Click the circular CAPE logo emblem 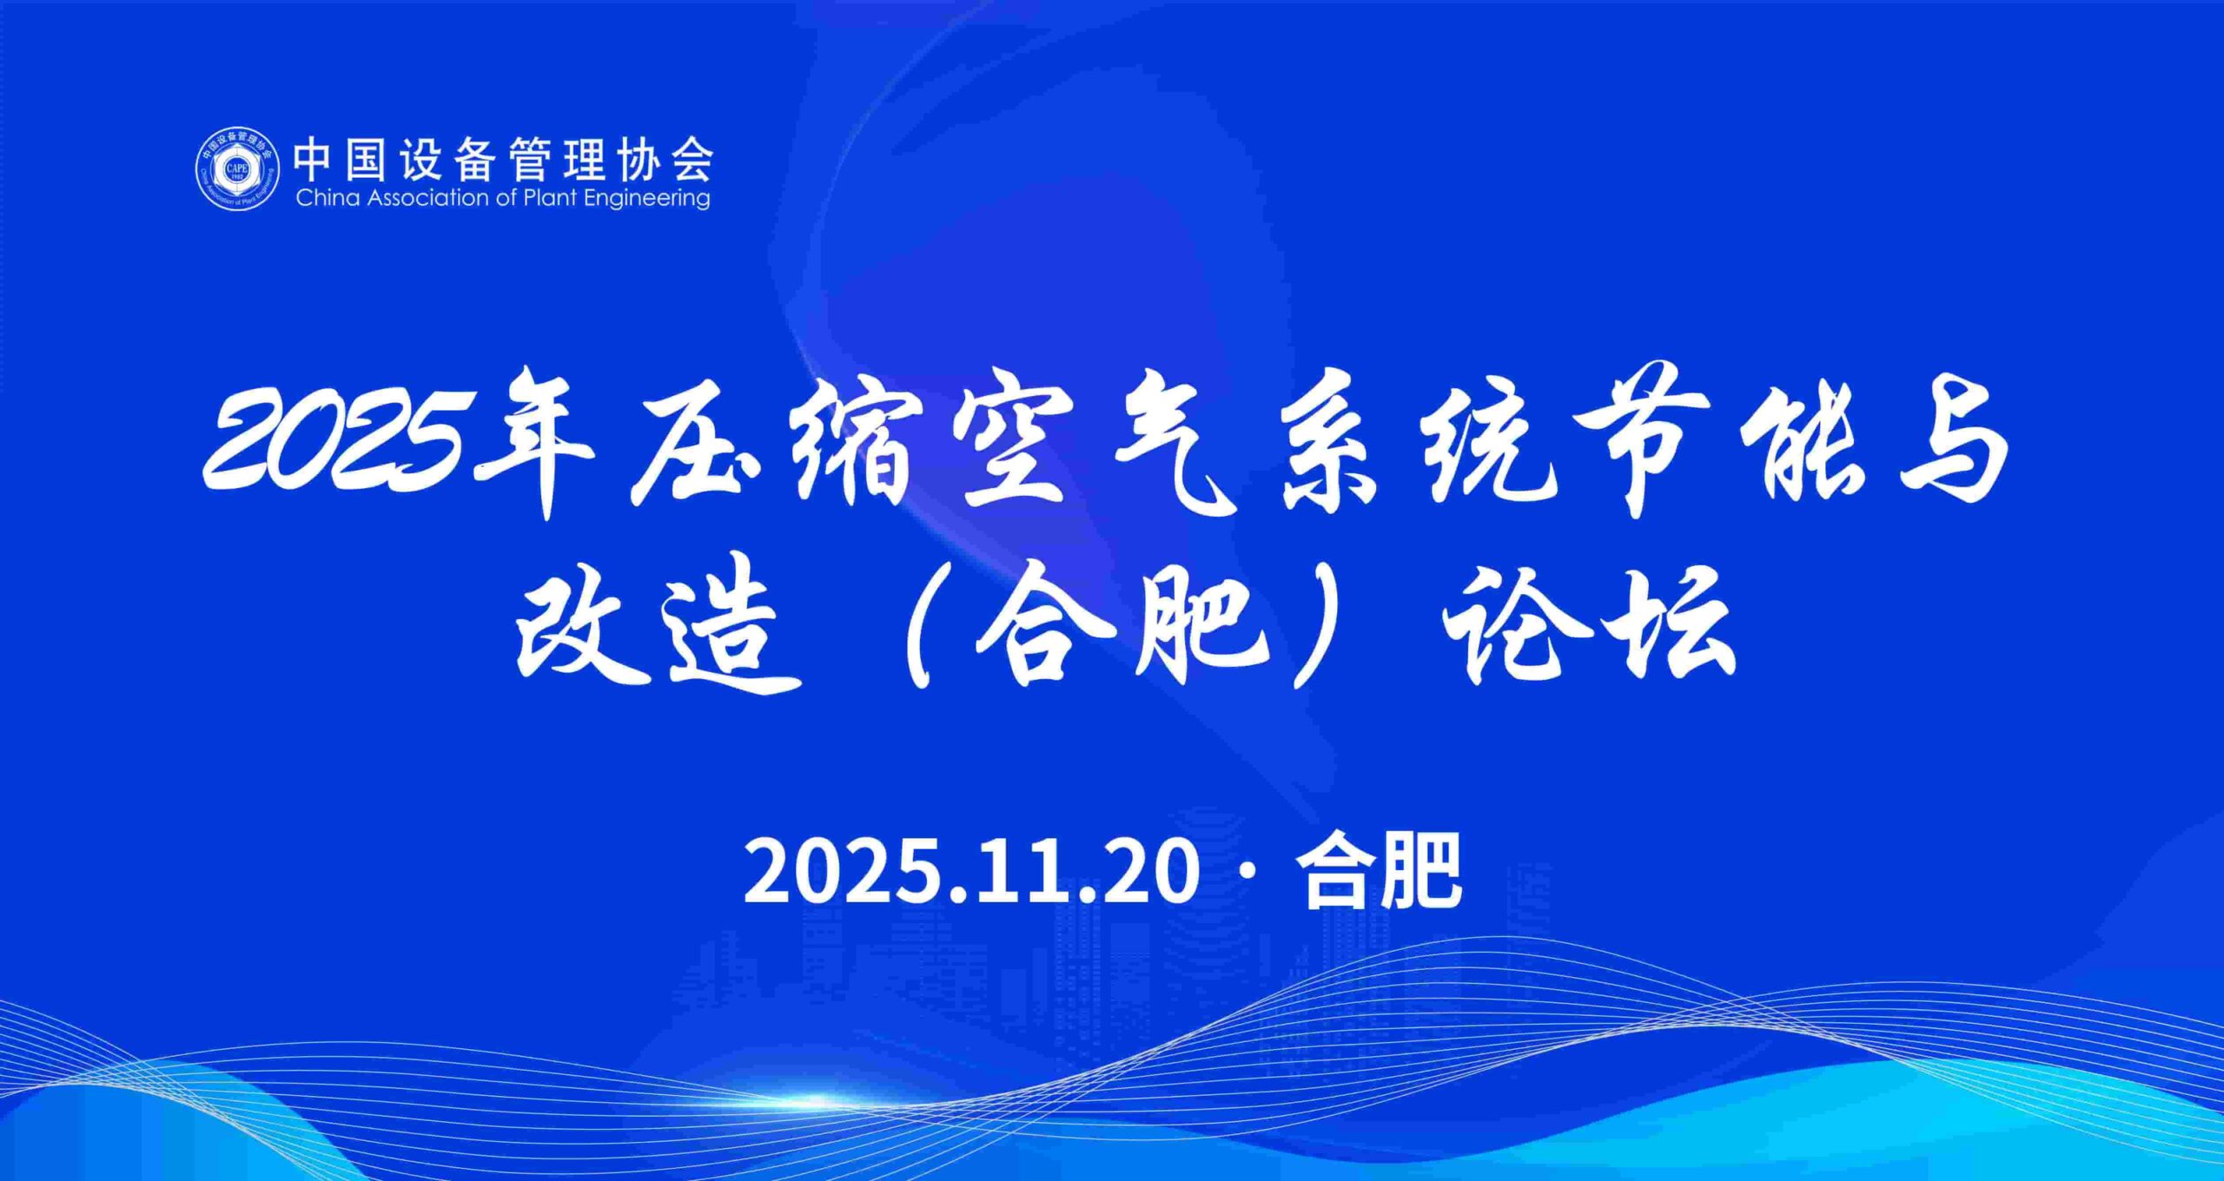237,169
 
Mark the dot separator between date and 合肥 1248,871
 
